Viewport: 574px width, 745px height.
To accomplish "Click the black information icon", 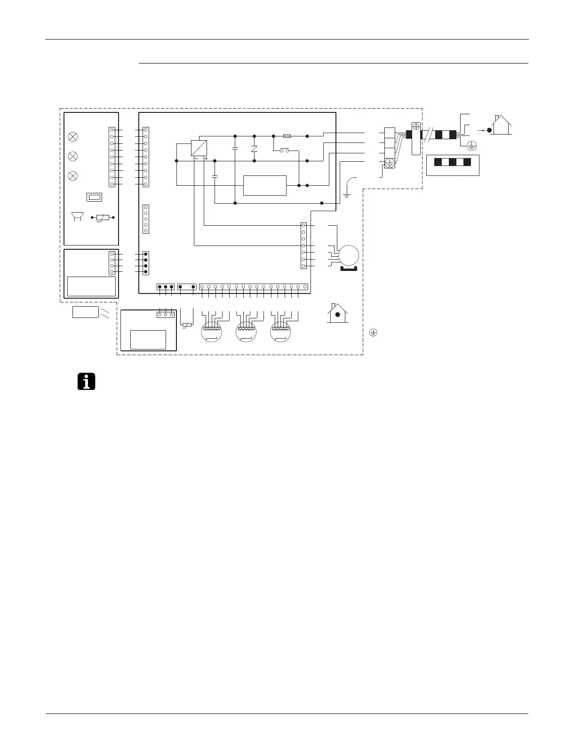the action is coord(86,381).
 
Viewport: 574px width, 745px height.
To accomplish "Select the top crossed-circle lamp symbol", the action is coord(73,137).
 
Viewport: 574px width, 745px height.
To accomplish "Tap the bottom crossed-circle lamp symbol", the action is coord(73,175).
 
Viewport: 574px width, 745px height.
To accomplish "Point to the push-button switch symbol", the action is coord(285,151).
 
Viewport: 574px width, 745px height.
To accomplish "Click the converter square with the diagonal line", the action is coord(199,148).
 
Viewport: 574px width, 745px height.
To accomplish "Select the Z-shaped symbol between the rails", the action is coord(254,149).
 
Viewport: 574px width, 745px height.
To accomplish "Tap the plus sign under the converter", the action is coord(206,159).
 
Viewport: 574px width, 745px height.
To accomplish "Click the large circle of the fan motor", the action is coord(349,255).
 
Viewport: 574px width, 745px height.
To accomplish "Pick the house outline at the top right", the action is coord(501,125).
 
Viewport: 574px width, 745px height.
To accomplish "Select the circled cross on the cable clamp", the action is coord(416,127).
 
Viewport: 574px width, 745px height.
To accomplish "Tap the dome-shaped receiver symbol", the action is coord(76,216).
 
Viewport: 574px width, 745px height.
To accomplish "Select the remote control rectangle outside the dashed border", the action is coord(85,311).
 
